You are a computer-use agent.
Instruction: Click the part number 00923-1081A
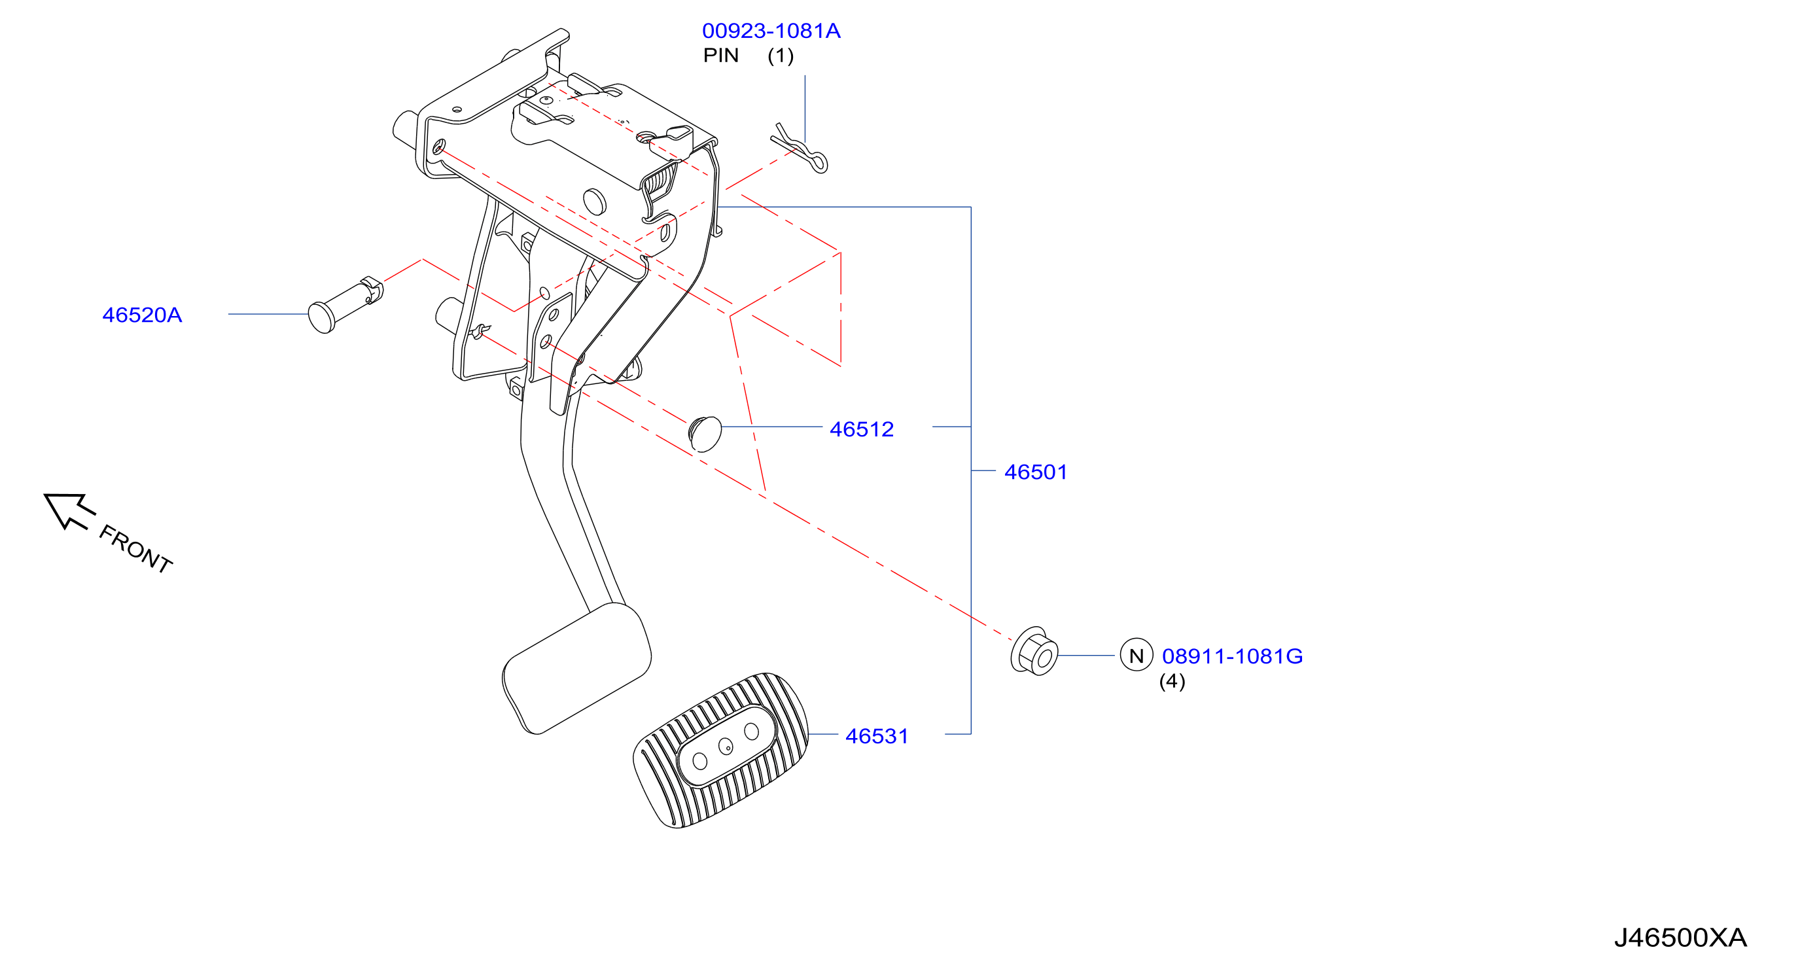771,31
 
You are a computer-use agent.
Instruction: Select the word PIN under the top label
721,56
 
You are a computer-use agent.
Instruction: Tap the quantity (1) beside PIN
781,56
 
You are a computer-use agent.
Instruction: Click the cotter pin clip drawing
800,149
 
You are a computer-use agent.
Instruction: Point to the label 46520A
143,315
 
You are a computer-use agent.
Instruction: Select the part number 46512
861,429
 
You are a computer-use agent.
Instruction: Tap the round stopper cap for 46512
705,434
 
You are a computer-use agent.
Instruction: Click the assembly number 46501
1036,472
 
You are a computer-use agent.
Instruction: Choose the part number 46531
877,736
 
